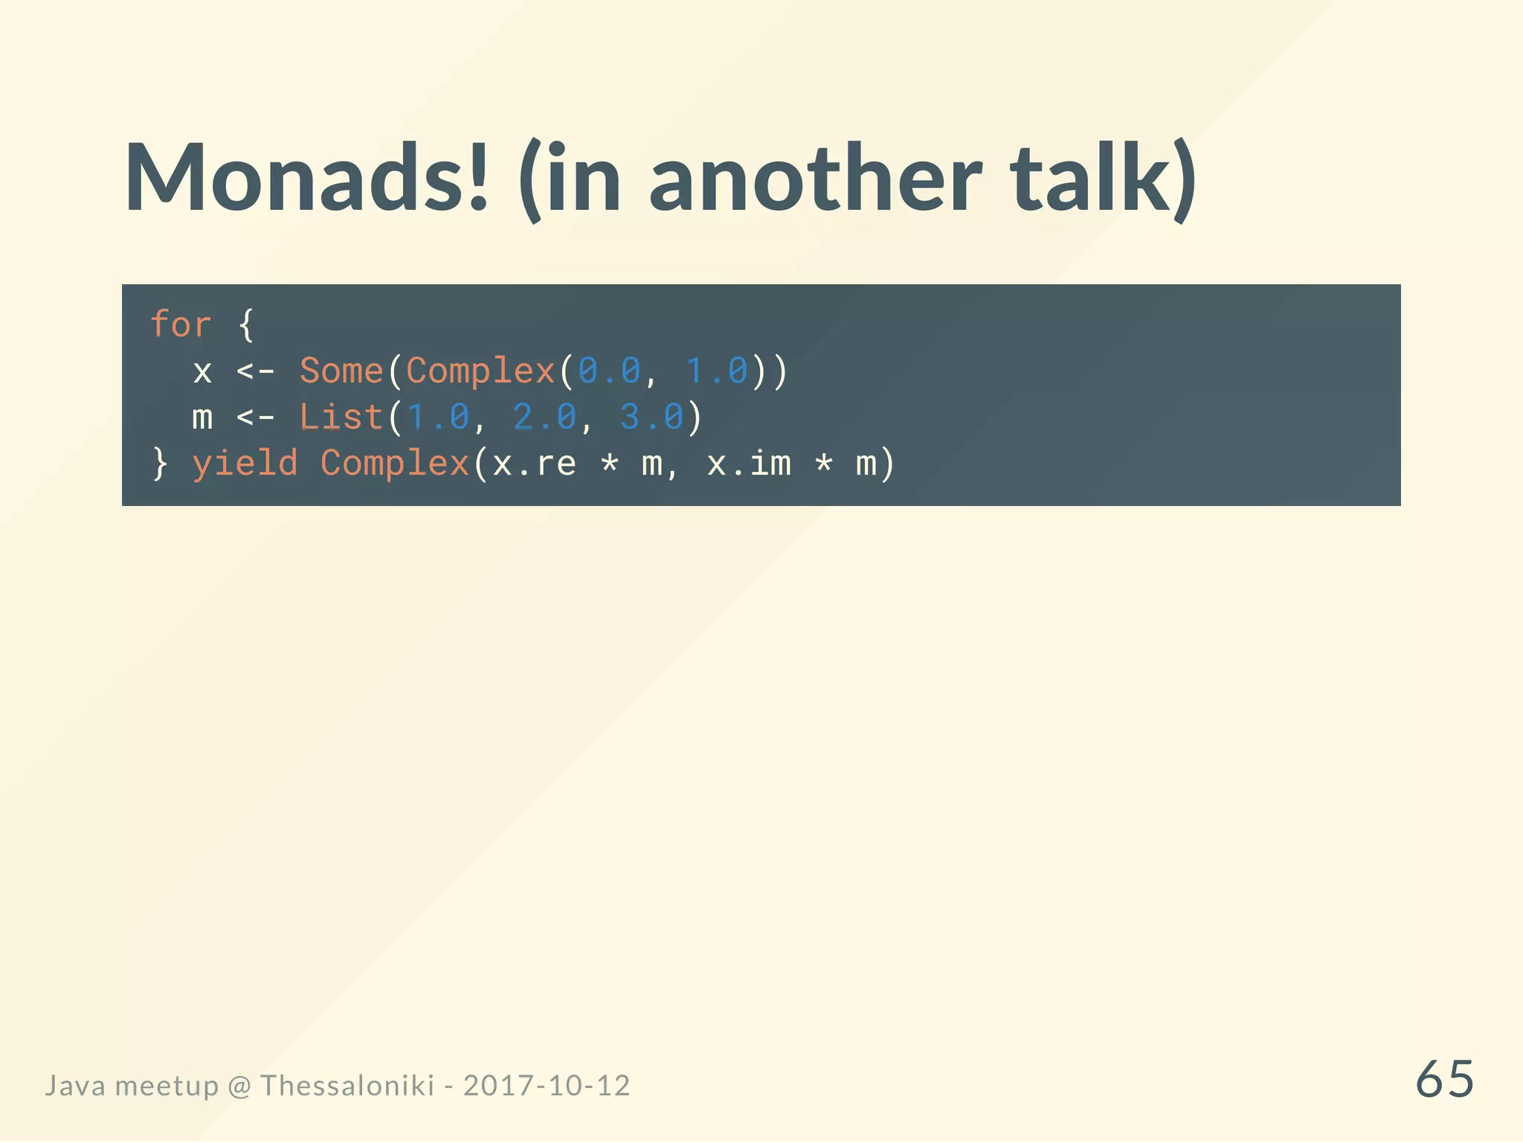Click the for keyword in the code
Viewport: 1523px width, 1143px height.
(x=181, y=324)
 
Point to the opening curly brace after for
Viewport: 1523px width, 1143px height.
(x=246, y=324)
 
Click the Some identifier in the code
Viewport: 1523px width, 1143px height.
(x=341, y=371)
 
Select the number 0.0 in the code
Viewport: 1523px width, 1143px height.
(x=609, y=371)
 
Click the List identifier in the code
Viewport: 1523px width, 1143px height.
(x=341, y=417)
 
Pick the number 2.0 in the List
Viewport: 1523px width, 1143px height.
(x=544, y=417)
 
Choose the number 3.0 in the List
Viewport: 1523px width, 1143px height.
(x=651, y=417)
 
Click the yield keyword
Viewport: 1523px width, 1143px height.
(x=245, y=463)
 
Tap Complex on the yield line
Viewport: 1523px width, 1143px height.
(x=395, y=463)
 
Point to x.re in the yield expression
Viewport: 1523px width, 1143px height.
(x=534, y=463)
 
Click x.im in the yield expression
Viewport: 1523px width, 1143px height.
(x=748, y=463)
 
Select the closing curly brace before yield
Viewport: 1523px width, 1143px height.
(x=160, y=463)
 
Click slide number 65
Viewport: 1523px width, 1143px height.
(x=1444, y=1079)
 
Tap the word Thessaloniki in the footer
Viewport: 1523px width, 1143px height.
(x=347, y=1086)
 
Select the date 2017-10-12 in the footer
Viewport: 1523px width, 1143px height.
(x=547, y=1086)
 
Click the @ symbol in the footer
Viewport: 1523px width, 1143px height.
(x=239, y=1086)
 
